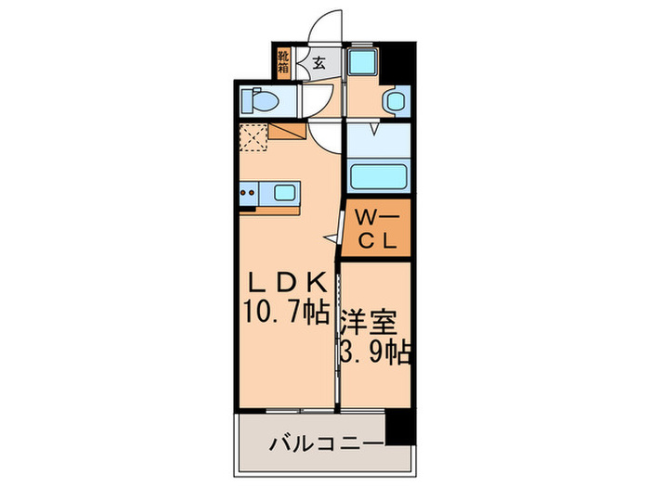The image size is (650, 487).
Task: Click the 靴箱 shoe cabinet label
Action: (x=284, y=62)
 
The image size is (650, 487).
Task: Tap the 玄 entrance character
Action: (x=318, y=63)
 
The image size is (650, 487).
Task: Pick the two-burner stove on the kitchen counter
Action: (x=248, y=194)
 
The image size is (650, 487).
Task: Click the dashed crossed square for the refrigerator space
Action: (x=253, y=138)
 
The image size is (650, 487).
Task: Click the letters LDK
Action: (x=285, y=281)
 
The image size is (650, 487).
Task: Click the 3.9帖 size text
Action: (x=376, y=352)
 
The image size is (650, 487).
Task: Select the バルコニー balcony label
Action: (x=324, y=443)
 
